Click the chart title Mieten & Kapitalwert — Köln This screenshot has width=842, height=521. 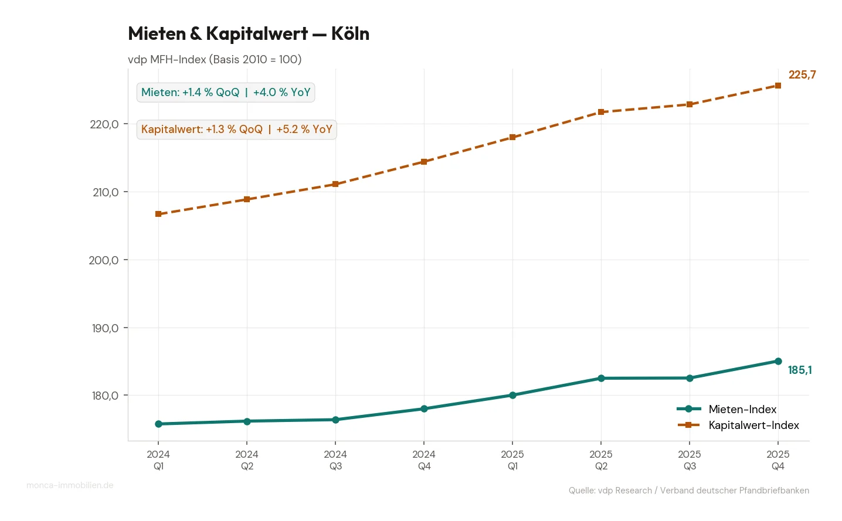(x=249, y=34)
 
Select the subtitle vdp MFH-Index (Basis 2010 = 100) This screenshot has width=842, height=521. (x=215, y=60)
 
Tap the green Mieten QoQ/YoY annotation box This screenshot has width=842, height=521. (x=226, y=93)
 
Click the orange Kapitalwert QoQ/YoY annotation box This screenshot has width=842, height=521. (x=236, y=130)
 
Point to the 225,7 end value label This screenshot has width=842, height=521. (x=802, y=75)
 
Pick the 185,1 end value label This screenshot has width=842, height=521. (x=800, y=370)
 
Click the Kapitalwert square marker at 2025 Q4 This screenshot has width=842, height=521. (x=778, y=86)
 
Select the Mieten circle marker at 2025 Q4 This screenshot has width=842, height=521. (x=778, y=362)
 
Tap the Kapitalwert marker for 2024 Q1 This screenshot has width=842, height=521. (x=158, y=214)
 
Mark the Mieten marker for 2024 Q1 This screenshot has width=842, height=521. (x=158, y=424)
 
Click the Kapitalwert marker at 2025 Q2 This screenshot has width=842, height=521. (x=601, y=112)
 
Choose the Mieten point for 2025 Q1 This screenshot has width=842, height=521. (x=512, y=396)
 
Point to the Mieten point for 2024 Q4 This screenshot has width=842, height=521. (x=424, y=409)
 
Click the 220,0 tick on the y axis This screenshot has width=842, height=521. (x=104, y=124)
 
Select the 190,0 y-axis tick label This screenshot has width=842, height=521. (x=105, y=328)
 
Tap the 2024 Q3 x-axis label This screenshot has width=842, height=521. (x=335, y=460)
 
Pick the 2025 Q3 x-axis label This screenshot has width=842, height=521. (x=690, y=460)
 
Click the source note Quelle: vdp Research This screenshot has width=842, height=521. (x=688, y=491)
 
